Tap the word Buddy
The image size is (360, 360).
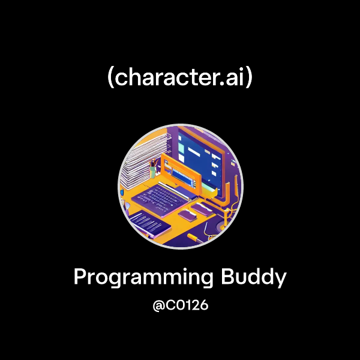[x=254, y=277]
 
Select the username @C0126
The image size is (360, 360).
[x=180, y=305]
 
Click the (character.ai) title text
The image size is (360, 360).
[x=180, y=77]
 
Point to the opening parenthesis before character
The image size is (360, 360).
[x=110, y=78]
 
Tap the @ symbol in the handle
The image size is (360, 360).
[x=158, y=305]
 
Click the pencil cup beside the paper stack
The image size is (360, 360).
[x=154, y=170]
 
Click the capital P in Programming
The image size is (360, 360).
[x=80, y=277]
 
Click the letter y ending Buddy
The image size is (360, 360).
[x=280, y=280]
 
